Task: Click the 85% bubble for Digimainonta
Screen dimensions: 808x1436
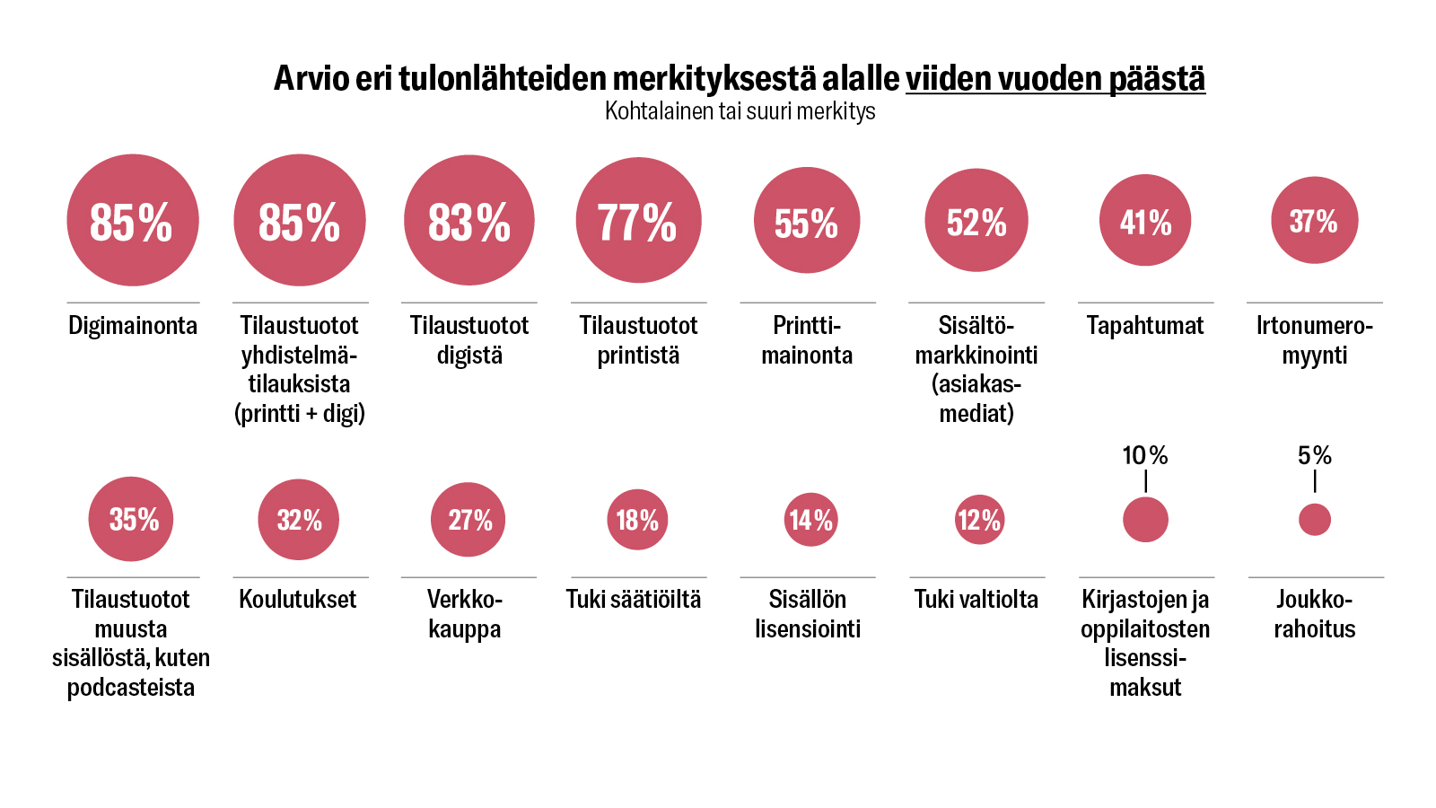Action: pyautogui.click(x=133, y=220)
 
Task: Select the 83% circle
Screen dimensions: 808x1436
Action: pyautogui.click(x=468, y=220)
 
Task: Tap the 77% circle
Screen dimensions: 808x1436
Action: pyautogui.click(x=638, y=220)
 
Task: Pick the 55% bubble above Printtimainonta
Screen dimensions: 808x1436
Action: pyautogui.click(x=807, y=220)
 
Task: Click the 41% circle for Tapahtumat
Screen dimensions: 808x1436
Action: pyautogui.click(x=1145, y=220)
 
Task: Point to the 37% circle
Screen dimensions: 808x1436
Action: pyautogui.click(x=1314, y=220)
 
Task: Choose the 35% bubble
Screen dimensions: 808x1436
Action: pyautogui.click(x=131, y=519)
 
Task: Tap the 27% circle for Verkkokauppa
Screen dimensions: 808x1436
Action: pyautogui.click(x=468, y=520)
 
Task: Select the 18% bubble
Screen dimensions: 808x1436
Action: pyautogui.click(x=637, y=520)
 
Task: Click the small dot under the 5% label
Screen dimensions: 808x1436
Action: pyautogui.click(x=1315, y=520)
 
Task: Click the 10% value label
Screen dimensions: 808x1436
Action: pyautogui.click(x=1145, y=456)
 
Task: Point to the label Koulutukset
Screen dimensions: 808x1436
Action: pyautogui.click(x=298, y=599)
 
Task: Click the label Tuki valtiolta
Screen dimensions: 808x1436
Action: pyautogui.click(x=976, y=599)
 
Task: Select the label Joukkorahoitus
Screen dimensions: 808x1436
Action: pyautogui.click(x=1315, y=614)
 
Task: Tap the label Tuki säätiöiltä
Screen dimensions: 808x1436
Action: pyautogui.click(x=634, y=599)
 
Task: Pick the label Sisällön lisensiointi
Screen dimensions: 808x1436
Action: pyautogui.click(x=808, y=614)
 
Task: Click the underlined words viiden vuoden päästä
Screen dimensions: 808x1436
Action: pyautogui.click(x=1055, y=79)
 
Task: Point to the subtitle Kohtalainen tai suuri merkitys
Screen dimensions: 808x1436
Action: pyautogui.click(x=740, y=111)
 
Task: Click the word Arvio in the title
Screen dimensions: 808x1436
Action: pyautogui.click(x=311, y=79)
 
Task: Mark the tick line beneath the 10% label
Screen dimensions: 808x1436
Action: pyautogui.click(x=1146, y=482)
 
